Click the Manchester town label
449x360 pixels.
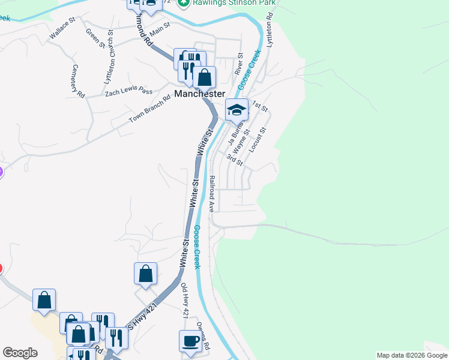pyautogui.click(x=200, y=94)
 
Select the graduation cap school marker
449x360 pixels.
pyautogui.click(x=237, y=110)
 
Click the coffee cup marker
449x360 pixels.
pyautogui.click(x=190, y=341)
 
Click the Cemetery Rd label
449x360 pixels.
pyautogui.click(x=78, y=81)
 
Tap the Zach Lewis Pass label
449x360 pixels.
pyautogui.click(x=129, y=91)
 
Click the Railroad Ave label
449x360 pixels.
pyautogui.click(x=212, y=194)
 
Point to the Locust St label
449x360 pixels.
pyautogui.click(x=258, y=139)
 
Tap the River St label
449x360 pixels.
pyautogui.click(x=238, y=63)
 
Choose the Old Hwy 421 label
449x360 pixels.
pyautogui.click(x=185, y=299)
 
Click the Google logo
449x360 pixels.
pyautogui.click(x=20, y=353)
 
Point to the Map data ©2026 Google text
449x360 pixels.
pyautogui.click(x=412, y=355)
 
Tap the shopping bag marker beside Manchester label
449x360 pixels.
pyautogui.click(x=205, y=77)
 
